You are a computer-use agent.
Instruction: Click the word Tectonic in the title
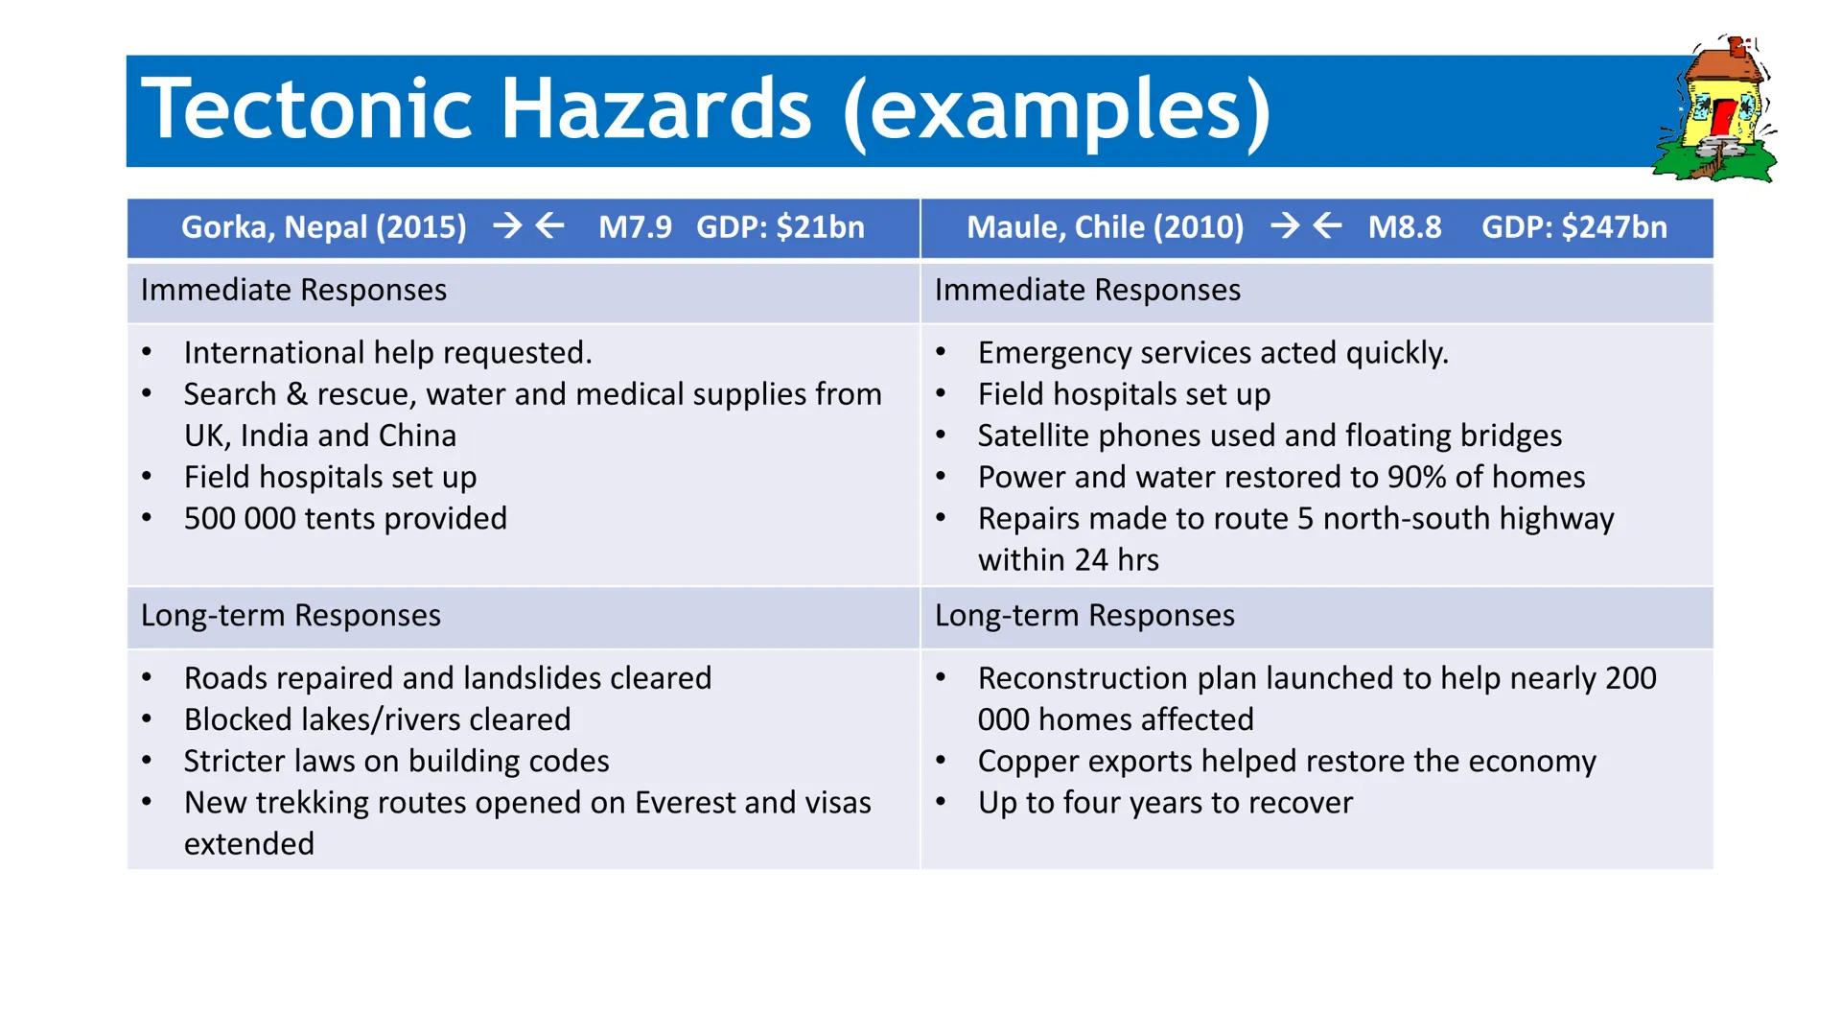click(307, 109)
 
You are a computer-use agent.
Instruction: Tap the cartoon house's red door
click(1723, 119)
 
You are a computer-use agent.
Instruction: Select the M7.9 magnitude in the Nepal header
click(635, 227)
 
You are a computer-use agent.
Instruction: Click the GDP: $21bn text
click(780, 227)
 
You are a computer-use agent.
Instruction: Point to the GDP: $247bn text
click(1573, 227)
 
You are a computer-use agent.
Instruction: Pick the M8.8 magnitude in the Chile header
click(1404, 227)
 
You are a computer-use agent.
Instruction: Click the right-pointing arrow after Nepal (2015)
click(507, 226)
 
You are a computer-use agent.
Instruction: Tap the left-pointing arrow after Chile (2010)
click(1327, 226)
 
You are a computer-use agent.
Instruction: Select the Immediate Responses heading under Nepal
click(293, 290)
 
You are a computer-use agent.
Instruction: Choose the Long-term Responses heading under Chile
click(1084, 615)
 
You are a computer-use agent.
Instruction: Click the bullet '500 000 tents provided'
click(345, 518)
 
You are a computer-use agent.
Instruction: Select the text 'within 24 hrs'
click(1068, 559)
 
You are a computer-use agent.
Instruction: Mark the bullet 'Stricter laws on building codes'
click(396, 761)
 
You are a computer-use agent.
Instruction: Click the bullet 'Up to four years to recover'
click(1165, 802)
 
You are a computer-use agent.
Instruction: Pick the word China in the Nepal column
click(417, 436)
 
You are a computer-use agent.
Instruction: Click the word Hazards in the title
click(656, 109)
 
